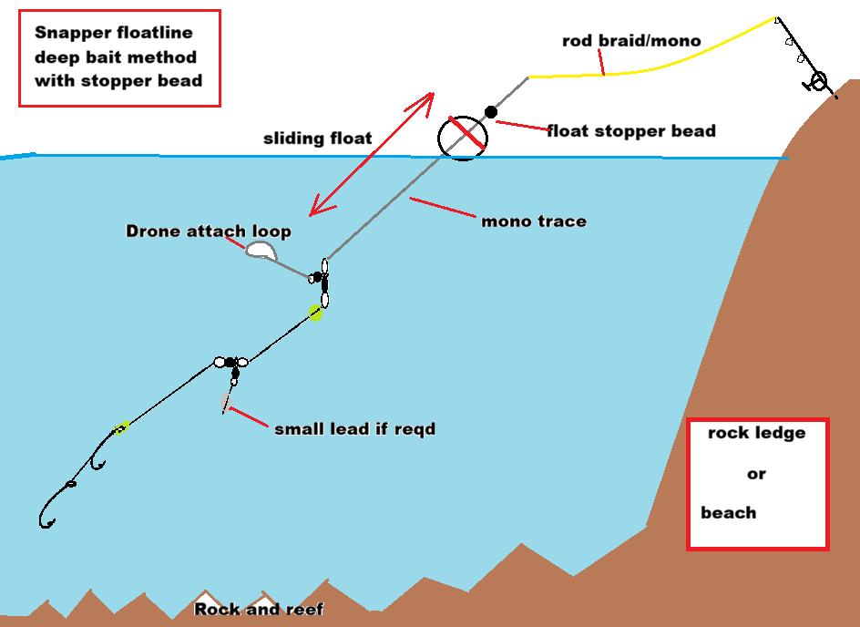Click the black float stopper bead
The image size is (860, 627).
[x=491, y=111]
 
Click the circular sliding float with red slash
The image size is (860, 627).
[x=464, y=138]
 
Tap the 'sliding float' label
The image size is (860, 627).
[x=318, y=139]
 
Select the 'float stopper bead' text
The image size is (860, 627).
[x=630, y=130]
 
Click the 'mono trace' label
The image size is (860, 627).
[x=533, y=221]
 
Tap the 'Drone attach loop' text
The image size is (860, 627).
[x=209, y=231]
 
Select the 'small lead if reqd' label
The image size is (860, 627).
[x=354, y=428]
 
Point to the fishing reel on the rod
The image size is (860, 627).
[x=817, y=82]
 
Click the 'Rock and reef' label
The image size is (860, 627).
[x=259, y=609]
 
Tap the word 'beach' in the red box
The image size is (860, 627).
[x=729, y=512]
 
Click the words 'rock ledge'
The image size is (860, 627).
[x=756, y=433]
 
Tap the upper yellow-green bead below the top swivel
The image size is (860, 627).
[x=315, y=313]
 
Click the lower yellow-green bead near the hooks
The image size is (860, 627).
[x=120, y=427]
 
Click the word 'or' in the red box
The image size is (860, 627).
[x=756, y=474]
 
